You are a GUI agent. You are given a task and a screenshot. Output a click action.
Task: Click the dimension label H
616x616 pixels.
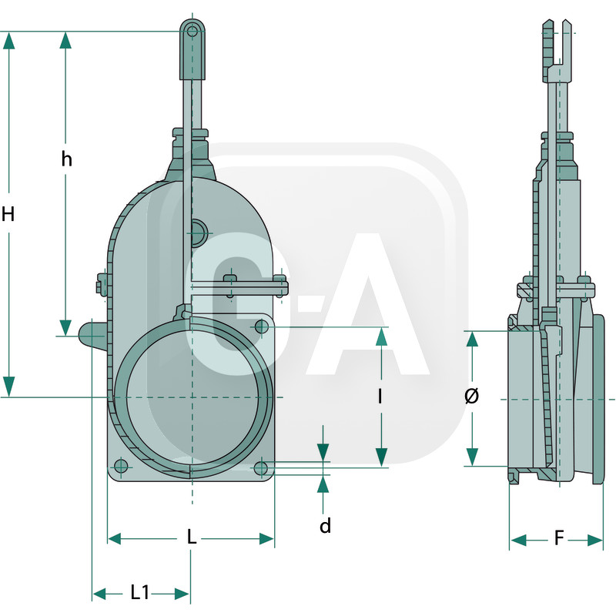point(8,214)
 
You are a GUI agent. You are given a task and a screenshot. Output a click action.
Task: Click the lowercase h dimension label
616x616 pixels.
point(67,159)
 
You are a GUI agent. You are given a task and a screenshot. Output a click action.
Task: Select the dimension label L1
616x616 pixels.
point(140,592)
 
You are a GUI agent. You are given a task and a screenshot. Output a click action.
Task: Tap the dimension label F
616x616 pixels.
point(559,538)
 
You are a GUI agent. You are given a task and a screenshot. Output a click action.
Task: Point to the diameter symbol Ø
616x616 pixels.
point(472,397)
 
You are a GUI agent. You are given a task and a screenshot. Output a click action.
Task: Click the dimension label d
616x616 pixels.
point(325,526)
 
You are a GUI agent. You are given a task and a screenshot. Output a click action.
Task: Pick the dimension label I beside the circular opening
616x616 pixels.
point(381,397)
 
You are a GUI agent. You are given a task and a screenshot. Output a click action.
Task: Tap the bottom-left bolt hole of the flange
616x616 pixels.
point(120,466)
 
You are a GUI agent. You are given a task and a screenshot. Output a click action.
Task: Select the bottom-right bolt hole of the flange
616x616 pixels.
point(261,467)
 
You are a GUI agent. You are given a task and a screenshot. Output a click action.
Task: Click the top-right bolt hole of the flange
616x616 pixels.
point(262,327)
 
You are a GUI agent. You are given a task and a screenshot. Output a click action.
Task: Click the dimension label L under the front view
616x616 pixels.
point(192,537)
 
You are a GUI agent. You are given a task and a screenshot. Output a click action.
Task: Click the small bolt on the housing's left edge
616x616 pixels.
point(101,286)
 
